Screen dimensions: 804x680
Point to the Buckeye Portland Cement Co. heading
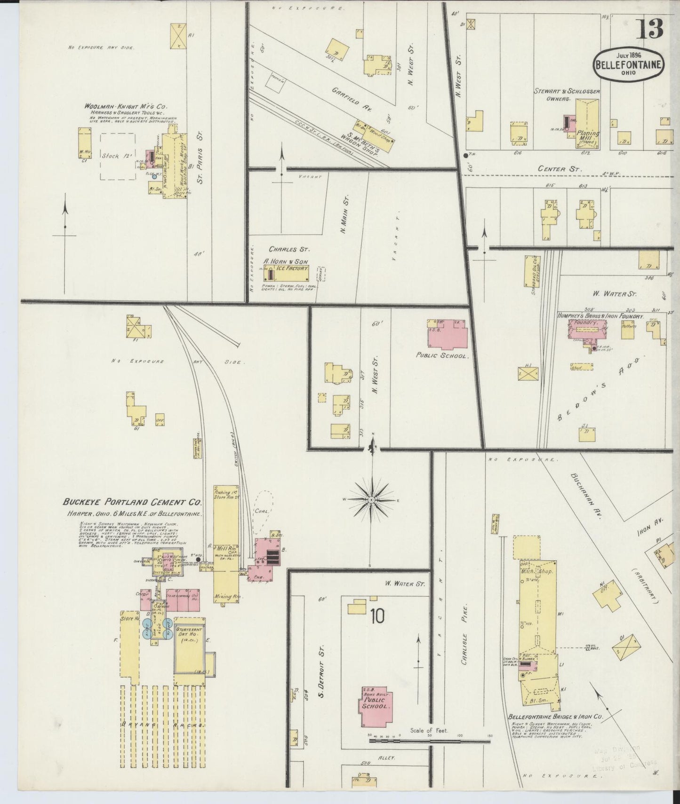132,502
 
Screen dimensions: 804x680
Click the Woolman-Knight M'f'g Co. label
126,107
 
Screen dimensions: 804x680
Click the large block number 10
377,616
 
